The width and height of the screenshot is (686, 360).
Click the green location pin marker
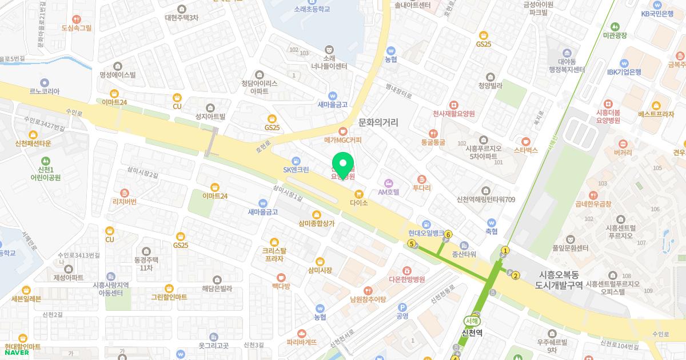point(343,165)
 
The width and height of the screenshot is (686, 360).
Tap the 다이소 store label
point(359,202)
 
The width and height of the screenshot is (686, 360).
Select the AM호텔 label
point(389,192)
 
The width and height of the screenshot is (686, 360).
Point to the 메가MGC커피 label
point(343,139)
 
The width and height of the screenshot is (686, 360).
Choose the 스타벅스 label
point(526,150)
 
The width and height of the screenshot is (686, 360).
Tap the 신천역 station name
point(472,332)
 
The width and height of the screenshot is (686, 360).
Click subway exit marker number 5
point(412,244)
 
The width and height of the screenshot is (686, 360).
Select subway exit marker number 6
point(449,234)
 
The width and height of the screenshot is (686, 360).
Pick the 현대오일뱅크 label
point(426,233)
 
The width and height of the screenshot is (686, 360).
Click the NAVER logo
point(17,353)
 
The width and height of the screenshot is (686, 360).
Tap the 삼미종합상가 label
point(316,223)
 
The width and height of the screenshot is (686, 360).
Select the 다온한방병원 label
point(406,279)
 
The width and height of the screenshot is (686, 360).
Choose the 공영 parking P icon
point(402,307)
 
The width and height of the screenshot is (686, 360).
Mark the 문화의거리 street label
point(378,122)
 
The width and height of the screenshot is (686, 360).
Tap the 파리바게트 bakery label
point(301,342)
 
